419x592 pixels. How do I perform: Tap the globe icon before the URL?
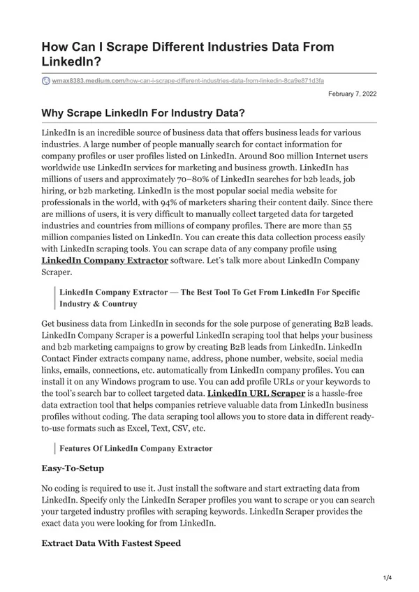pyautogui.click(x=46, y=81)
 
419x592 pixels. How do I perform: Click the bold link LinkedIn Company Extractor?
pyautogui.click(x=105, y=260)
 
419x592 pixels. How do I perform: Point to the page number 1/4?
pyautogui.click(x=388, y=576)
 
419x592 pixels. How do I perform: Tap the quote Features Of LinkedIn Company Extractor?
pyautogui.click(x=136, y=447)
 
